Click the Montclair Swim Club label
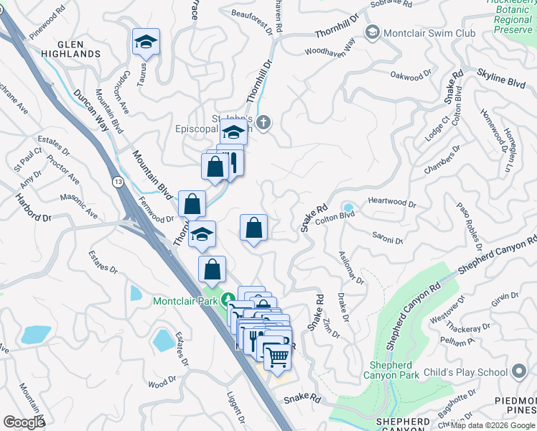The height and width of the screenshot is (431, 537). point(429,33)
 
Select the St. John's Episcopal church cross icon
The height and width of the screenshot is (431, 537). point(263,124)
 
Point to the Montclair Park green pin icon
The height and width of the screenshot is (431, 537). point(229,299)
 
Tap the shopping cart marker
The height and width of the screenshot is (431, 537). point(277,356)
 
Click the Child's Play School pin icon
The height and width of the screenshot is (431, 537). point(519,371)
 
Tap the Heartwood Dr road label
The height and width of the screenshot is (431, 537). point(391,203)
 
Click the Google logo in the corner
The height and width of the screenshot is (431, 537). point(24,422)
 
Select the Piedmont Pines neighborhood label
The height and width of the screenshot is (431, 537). point(516,407)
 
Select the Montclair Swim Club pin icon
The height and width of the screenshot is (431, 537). point(373,32)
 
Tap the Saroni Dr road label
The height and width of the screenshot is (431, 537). point(387,238)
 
